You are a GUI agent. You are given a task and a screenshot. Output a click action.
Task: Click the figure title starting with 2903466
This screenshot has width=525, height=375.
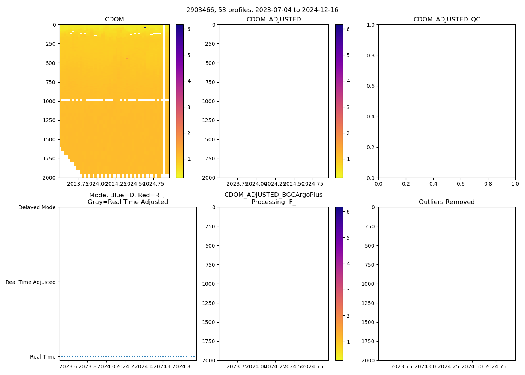(x=262, y=10)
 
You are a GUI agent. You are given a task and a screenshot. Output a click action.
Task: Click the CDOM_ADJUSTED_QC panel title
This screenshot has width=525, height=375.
(x=447, y=19)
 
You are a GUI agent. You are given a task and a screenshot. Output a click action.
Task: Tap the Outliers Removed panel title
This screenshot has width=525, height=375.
(x=447, y=202)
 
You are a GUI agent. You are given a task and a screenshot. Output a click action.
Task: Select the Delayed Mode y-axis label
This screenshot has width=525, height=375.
(x=37, y=207)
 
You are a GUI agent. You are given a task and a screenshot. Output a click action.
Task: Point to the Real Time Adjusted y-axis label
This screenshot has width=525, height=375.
(x=31, y=282)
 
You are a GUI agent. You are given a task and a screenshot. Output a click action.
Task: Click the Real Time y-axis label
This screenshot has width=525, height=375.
(x=43, y=357)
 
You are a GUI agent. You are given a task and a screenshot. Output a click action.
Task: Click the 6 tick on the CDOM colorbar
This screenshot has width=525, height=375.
(x=189, y=29)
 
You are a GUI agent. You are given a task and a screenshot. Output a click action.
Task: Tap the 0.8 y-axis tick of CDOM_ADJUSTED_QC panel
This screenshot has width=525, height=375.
(x=371, y=55)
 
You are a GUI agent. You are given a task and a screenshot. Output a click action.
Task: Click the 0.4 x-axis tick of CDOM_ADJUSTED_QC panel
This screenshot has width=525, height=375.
(x=433, y=184)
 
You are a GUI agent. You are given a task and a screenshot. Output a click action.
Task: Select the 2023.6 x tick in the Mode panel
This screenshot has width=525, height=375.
(x=68, y=366)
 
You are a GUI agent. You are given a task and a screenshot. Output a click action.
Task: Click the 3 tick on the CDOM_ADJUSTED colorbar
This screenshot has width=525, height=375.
(x=348, y=107)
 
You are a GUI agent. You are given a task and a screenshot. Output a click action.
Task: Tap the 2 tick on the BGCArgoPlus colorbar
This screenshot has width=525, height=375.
(x=348, y=316)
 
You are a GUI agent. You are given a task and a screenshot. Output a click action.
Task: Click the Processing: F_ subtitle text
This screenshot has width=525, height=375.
(x=274, y=202)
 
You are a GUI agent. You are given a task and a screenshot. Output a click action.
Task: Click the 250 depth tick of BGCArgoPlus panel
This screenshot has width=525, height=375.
(x=210, y=226)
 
